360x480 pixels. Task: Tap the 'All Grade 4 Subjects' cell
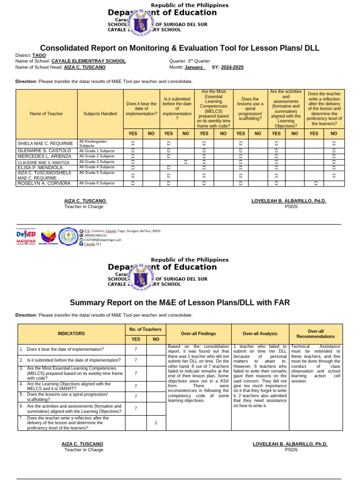point(97,167)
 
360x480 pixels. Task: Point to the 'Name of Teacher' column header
point(46,113)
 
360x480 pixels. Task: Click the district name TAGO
point(39,55)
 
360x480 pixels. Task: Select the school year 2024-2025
point(232,67)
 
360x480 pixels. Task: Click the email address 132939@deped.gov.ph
point(103,240)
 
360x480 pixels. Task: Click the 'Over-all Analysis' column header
point(260,334)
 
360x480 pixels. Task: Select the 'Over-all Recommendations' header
point(315,334)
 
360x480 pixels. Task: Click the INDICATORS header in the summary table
point(71,334)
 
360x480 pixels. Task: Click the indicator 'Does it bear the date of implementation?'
point(65,349)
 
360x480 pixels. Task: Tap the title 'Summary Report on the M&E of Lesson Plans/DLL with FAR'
point(180,303)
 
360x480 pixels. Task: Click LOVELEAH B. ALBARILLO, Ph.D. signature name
point(290,444)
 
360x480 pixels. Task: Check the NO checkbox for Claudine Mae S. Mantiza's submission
point(186,162)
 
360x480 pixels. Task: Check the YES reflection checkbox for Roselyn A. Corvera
point(315,183)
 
